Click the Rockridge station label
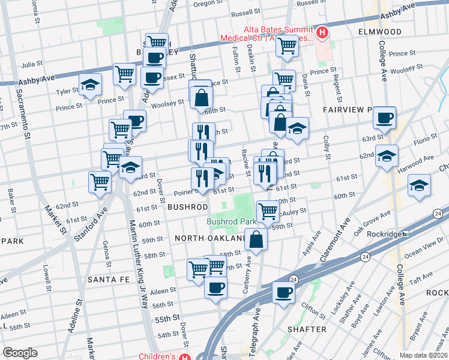(379, 233)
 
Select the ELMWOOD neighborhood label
(379, 31)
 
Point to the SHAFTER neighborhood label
(307, 329)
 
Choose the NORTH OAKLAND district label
(208, 238)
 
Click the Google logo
(20, 353)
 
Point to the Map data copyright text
(423, 355)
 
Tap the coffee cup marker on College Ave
(384, 118)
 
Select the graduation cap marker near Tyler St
(89, 86)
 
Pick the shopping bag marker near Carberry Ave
(256, 239)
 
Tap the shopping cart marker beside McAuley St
(268, 211)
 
